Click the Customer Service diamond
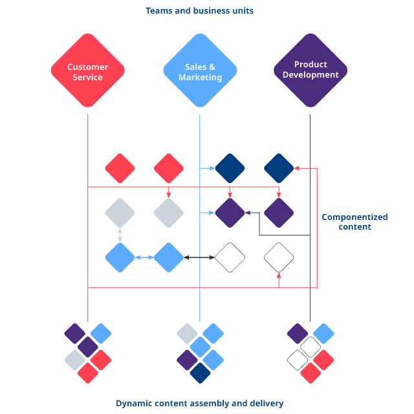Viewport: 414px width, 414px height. tap(88, 71)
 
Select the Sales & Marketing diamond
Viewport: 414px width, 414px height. tap(200, 71)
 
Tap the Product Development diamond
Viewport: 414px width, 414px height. tap(310, 71)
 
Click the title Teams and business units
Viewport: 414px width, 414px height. tap(199, 10)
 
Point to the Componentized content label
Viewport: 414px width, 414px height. tap(354, 222)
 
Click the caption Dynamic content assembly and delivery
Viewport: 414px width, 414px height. tap(199, 403)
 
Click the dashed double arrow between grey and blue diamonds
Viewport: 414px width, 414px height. tap(120, 235)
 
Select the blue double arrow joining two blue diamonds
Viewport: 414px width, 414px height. tap(144, 257)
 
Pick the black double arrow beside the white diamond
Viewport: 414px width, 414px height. tap(199, 257)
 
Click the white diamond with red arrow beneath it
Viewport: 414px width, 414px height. tap(279, 257)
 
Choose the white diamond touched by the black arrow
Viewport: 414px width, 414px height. tap(230, 257)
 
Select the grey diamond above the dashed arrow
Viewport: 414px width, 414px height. tap(120, 213)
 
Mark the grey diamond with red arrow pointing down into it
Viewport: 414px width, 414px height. tap(169, 213)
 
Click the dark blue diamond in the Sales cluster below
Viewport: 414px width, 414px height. tap(200, 373)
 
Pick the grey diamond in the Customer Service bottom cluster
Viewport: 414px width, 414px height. tap(75, 360)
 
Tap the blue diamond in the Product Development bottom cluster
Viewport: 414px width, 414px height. tap(323, 334)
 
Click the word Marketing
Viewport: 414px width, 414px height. tap(200, 78)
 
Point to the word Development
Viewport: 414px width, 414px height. tap(310, 75)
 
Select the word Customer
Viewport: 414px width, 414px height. tap(88, 67)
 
